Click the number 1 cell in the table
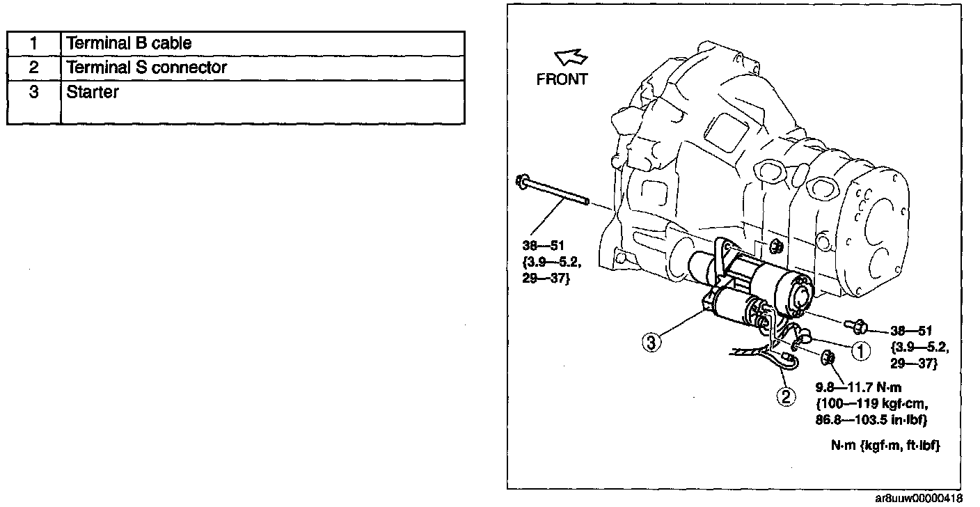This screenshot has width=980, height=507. tap(33, 43)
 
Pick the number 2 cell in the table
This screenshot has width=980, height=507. tap(33, 68)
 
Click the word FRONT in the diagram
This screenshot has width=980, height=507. tap(562, 79)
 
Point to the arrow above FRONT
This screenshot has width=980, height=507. tap(571, 58)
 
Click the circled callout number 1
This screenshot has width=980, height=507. tap(861, 350)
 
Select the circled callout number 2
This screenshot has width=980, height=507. tap(785, 396)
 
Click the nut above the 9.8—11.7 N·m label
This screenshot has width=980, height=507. tap(828, 358)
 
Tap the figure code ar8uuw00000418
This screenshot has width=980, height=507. tap(919, 498)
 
